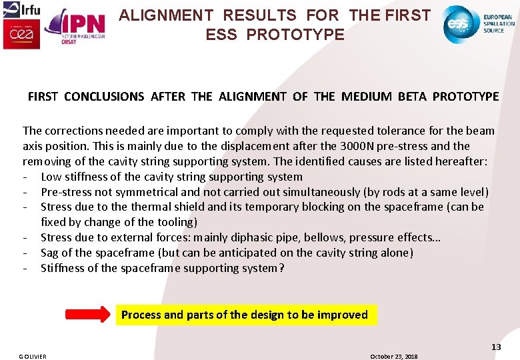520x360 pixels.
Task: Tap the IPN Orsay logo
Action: [74, 27]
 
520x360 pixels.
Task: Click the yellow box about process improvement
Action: [246, 315]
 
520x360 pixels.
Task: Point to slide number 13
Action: [496, 347]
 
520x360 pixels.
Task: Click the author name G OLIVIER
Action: [33, 356]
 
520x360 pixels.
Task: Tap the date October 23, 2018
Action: [393, 356]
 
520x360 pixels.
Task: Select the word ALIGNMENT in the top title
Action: [167, 15]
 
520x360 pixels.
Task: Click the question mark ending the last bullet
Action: [281, 268]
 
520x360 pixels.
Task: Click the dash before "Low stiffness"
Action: [25, 177]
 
